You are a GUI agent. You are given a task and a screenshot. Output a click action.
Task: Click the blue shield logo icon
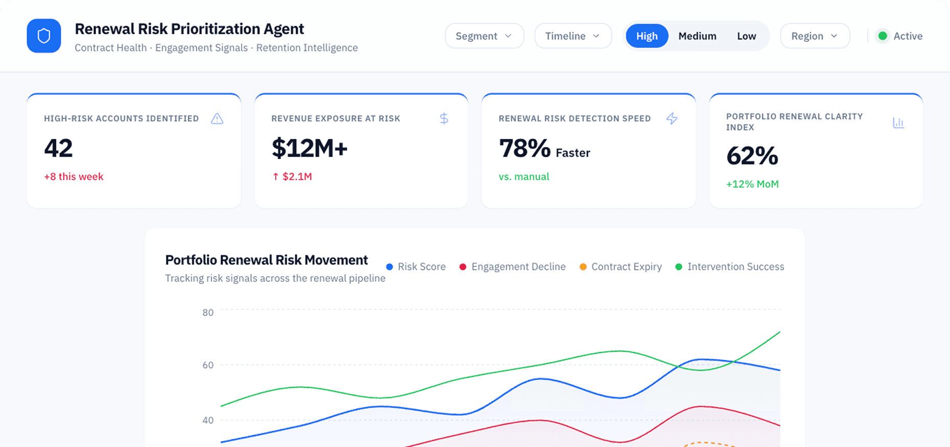44,36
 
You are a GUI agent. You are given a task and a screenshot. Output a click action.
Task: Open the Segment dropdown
484,36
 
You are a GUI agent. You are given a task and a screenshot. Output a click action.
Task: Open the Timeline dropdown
573,36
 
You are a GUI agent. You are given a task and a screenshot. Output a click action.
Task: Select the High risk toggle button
647,36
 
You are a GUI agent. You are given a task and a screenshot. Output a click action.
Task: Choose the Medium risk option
697,36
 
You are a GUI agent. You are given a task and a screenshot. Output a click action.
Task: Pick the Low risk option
746,36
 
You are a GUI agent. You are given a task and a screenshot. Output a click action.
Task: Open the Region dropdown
815,36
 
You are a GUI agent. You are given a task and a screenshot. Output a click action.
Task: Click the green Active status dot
883,36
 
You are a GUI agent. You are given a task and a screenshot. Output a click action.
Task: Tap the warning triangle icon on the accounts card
217,119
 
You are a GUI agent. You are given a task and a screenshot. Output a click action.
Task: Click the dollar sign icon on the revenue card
444,119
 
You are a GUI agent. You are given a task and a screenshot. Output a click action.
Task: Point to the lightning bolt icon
672,119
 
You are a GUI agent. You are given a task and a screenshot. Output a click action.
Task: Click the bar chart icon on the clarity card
898,123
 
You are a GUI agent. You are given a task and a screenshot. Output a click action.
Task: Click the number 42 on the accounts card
59,148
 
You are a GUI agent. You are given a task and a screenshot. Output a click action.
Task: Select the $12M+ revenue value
310,148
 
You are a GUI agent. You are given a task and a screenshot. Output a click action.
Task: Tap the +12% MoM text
752,184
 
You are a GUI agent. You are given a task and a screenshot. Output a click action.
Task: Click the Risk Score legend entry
416,267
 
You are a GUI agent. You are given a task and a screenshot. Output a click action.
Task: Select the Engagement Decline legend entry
513,267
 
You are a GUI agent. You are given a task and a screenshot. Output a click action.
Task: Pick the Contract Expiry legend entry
621,267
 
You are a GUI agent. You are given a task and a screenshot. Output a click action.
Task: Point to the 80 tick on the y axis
208,312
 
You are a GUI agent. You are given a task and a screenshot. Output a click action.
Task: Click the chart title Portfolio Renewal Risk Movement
266,260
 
